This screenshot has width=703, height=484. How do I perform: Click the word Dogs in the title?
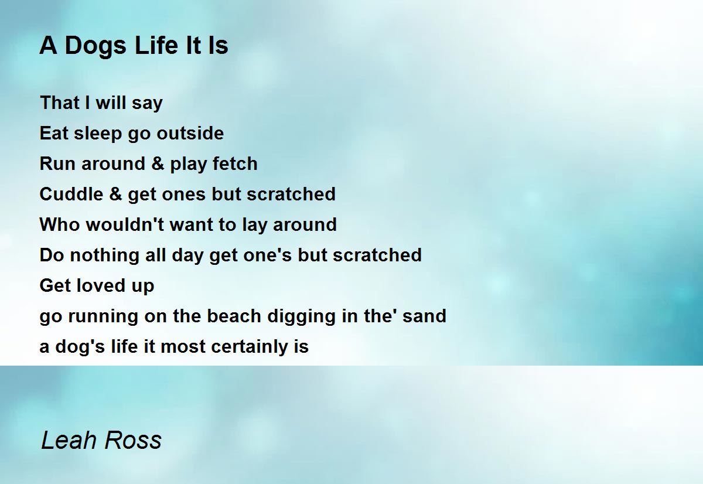95,46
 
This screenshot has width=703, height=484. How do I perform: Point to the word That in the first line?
60,103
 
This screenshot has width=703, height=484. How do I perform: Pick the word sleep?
98,134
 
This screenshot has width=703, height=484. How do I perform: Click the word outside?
190,133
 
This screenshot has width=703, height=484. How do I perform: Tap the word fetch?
235,163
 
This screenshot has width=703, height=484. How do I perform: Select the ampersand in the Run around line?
158,163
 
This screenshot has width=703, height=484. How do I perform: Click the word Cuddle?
71,194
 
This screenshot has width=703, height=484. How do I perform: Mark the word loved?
100,285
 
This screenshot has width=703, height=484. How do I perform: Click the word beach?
234,316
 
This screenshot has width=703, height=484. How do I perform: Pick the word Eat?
54,133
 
